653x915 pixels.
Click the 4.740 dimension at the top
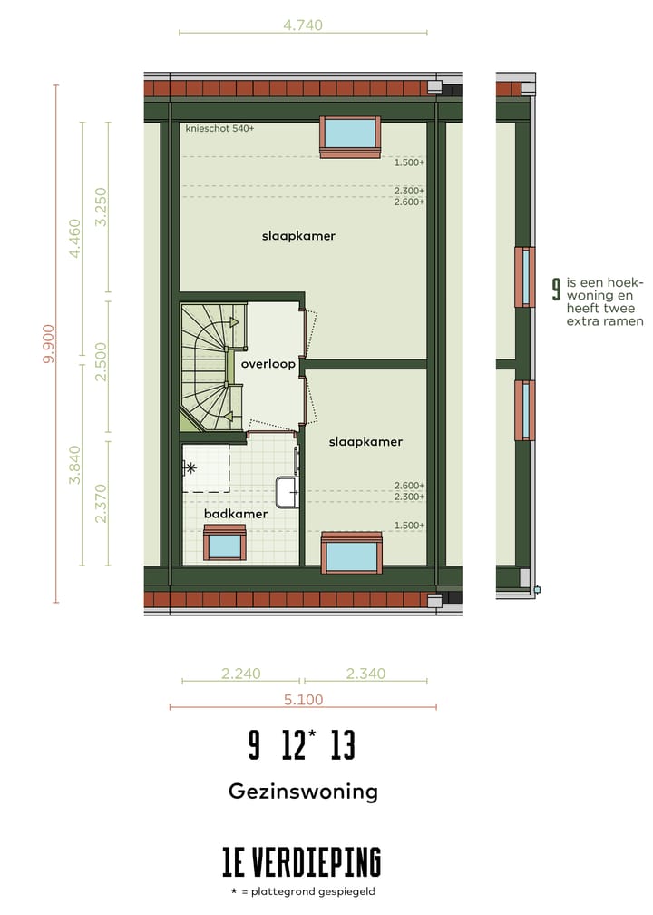pyautogui.click(x=303, y=25)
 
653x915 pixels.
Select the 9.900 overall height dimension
pyautogui.click(x=48, y=344)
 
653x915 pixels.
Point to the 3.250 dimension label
pyautogui.click(x=101, y=207)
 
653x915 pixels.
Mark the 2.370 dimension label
pyautogui.click(x=101, y=504)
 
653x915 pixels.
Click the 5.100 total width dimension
pyautogui.click(x=303, y=699)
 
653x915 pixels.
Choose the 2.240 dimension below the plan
pyautogui.click(x=241, y=674)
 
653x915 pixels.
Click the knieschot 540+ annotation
pyautogui.click(x=219, y=129)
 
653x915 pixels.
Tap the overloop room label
pyautogui.click(x=268, y=364)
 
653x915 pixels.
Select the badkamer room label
pyautogui.click(x=235, y=514)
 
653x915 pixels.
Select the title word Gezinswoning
pyautogui.click(x=303, y=791)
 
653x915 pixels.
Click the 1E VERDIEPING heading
pyautogui.click(x=303, y=861)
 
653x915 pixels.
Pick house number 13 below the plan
pyautogui.click(x=343, y=746)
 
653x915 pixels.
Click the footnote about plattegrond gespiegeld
pyautogui.click(x=303, y=891)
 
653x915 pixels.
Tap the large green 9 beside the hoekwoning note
pyautogui.click(x=556, y=290)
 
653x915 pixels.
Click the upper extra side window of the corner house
pyautogui.click(x=523, y=277)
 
